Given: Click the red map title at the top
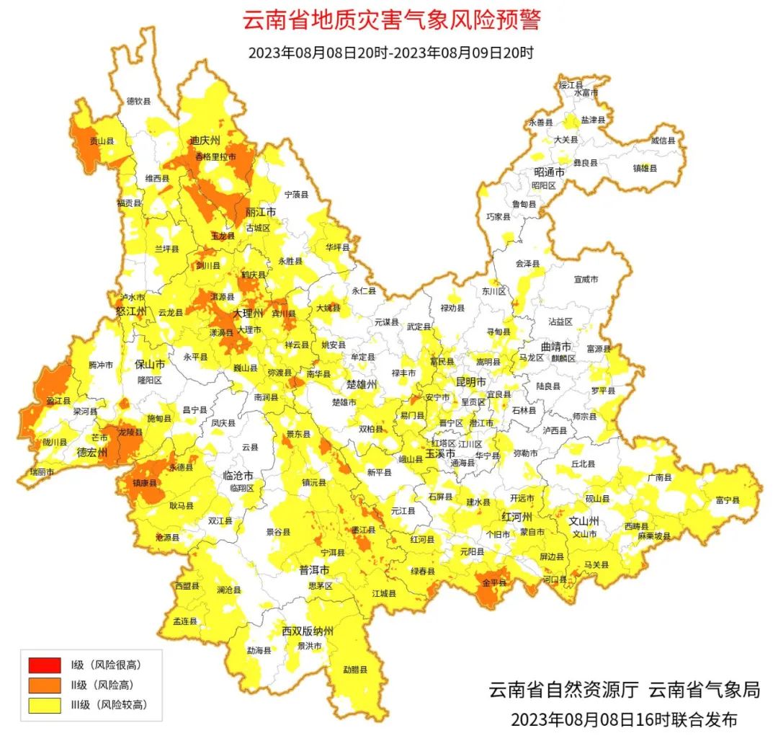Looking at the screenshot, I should (390, 20).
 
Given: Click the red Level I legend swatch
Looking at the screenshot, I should (45, 664).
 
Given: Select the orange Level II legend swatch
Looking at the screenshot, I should (45, 685).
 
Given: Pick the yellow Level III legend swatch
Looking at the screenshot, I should (45, 705).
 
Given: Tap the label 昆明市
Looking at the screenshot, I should (472, 381).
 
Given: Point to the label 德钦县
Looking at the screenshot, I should (139, 102).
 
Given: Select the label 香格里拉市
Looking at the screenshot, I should (216, 156).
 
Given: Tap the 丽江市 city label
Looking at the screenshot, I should (261, 213).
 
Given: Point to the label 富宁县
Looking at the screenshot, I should (728, 500).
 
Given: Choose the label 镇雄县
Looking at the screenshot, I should (645, 168).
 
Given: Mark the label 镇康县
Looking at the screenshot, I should (144, 483).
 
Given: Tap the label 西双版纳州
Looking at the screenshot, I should (308, 631).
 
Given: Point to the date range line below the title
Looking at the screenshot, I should (390, 53).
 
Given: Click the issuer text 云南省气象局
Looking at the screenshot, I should (705, 690).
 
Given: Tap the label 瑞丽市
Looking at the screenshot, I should (42, 471).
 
